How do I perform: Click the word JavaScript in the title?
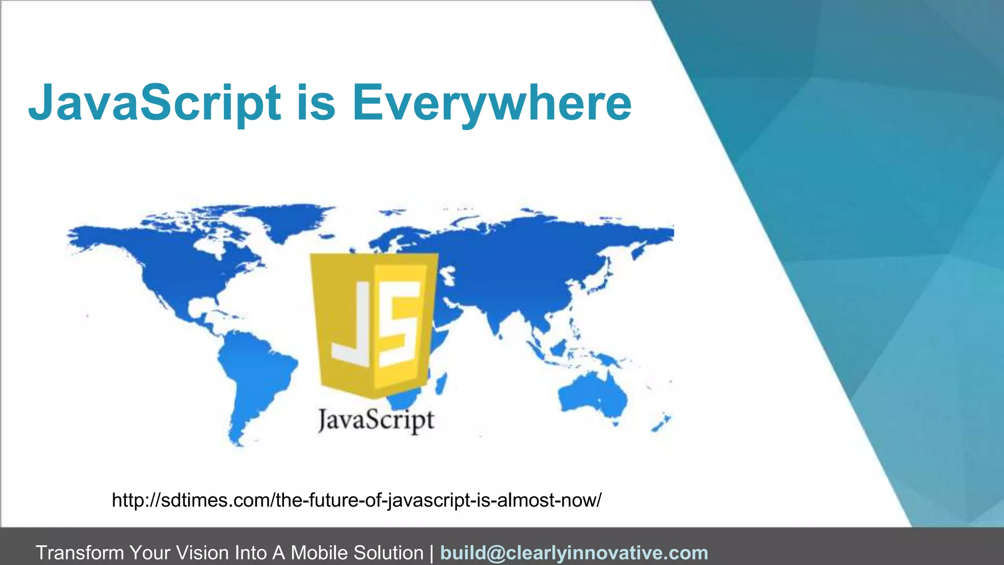coord(154,103)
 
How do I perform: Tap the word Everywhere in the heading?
coord(492,103)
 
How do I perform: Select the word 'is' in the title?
coord(316,103)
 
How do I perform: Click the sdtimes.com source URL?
coord(356,500)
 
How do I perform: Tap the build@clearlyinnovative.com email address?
coord(574,553)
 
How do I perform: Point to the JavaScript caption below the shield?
coord(376,420)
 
